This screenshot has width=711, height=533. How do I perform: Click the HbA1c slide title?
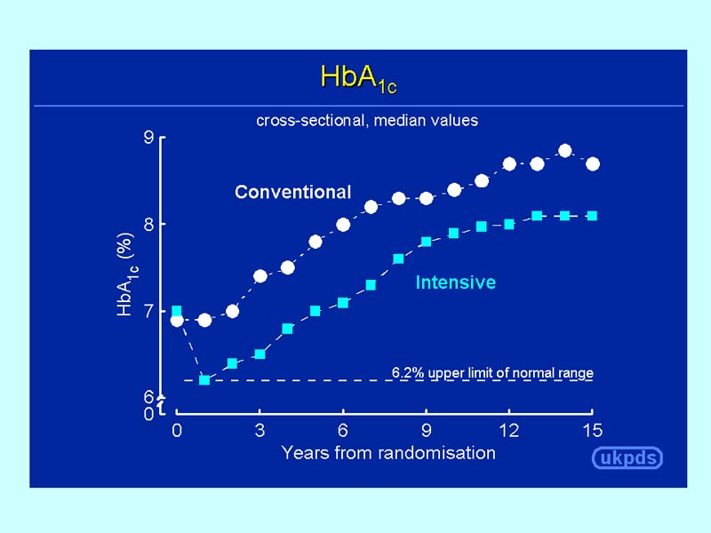tap(358, 78)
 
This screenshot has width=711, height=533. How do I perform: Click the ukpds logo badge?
tap(627, 458)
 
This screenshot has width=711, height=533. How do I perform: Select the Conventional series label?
tap(292, 192)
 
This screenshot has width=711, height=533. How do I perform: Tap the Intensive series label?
tap(455, 282)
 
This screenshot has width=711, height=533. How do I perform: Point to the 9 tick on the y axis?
tap(148, 138)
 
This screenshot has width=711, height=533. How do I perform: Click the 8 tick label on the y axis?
tap(148, 224)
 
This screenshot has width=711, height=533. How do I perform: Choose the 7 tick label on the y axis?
tap(148, 310)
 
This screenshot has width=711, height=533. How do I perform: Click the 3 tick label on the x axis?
tap(260, 431)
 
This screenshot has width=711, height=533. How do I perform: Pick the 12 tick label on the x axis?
tap(509, 431)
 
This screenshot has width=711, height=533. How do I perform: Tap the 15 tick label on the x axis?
tap(592, 431)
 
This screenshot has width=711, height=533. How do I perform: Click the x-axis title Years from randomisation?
tap(388, 453)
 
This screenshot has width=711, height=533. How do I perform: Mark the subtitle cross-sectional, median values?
tap(367, 120)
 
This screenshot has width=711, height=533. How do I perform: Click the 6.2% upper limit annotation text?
tap(492, 373)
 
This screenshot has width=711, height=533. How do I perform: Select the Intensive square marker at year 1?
tap(204, 380)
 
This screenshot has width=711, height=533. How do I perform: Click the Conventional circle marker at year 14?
tap(564, 150)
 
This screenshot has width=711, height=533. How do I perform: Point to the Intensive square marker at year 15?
tap(592, 216)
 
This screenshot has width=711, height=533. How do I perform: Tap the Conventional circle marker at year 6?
tap(343, 224)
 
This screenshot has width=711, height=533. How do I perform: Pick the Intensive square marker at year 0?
tap(177, 311)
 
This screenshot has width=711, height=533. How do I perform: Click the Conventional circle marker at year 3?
tap(260, 275)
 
